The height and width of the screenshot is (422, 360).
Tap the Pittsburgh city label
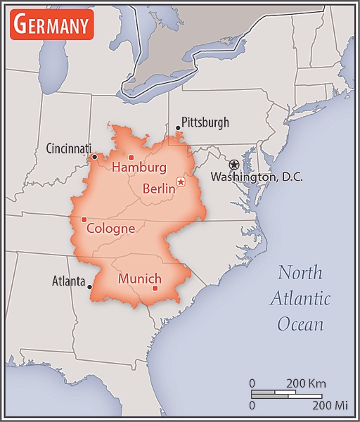point(205,122)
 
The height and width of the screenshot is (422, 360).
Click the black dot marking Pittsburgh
point(178,128)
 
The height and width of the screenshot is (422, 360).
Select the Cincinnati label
point(68,148)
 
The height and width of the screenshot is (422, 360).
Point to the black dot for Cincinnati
point(95,157)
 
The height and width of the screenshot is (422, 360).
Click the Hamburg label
point(139,168)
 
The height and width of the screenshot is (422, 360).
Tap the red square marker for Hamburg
point(131,157)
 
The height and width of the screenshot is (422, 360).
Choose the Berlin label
point(158,188)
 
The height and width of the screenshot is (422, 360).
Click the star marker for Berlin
point(181,182)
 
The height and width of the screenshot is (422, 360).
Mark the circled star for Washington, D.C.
point(234,164)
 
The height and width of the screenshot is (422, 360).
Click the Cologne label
point(110,229)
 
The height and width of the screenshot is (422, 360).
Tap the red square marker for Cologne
point(84,219)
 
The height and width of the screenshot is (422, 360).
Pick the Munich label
point(140,279)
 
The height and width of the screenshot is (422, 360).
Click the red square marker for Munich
point(155,288)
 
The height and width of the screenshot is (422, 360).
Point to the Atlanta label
point(69,281)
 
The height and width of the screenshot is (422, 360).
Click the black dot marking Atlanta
point(90,287)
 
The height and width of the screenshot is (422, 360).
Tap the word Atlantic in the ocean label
point(300,299)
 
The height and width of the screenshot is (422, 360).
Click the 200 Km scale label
point(306,383)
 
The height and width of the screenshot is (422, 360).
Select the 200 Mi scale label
point(330,406)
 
